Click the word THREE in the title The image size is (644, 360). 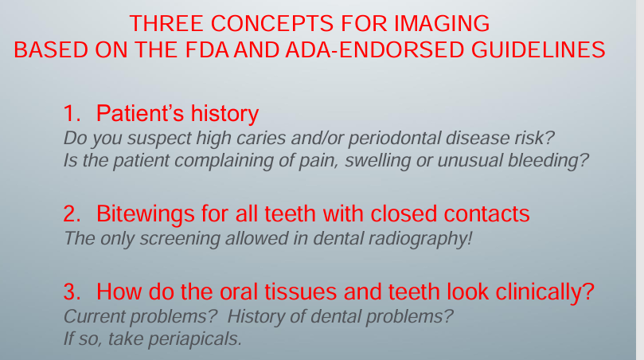pos(166,23)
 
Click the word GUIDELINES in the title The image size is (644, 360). pos(538,49)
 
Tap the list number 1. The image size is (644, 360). pos(72,113)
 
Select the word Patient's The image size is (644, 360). pos(139,113)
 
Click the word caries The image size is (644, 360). pos(262,138)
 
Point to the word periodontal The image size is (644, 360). pos(394,139)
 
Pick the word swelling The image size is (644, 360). pos(377,161)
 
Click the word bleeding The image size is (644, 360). pos(548,161)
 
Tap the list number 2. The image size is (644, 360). pos(72,213)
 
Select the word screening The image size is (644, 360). pos(180,239)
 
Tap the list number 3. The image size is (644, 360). pos(72,292)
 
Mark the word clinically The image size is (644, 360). pos(544,292)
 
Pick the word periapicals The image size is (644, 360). pos(195,339)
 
